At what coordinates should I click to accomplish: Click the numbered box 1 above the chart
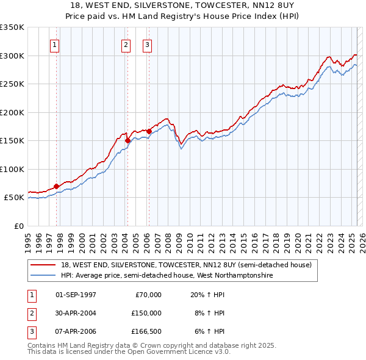55,44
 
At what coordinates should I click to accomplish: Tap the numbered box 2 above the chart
126,44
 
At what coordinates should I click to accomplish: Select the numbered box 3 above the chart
147,44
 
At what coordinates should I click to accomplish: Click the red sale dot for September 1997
56,186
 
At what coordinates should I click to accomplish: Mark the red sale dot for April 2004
127,140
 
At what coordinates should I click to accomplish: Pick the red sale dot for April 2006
149,131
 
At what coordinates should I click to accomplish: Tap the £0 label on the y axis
18,226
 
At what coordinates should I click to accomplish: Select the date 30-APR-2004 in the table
76,313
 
